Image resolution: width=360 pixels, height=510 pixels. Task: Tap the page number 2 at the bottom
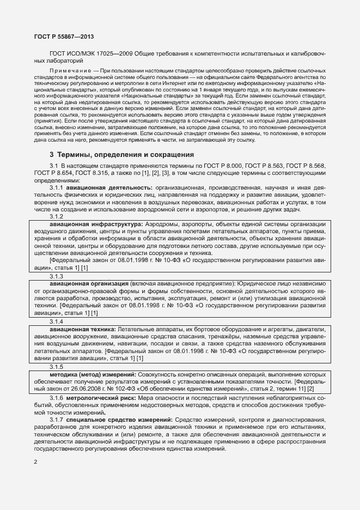coord(35,462)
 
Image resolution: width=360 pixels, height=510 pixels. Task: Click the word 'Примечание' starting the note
coord(69,72)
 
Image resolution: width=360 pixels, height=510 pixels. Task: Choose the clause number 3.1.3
coord(57,277)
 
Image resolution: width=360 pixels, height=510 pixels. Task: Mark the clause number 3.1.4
coord(57,322)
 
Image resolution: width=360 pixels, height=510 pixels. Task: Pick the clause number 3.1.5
coord(57,368)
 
